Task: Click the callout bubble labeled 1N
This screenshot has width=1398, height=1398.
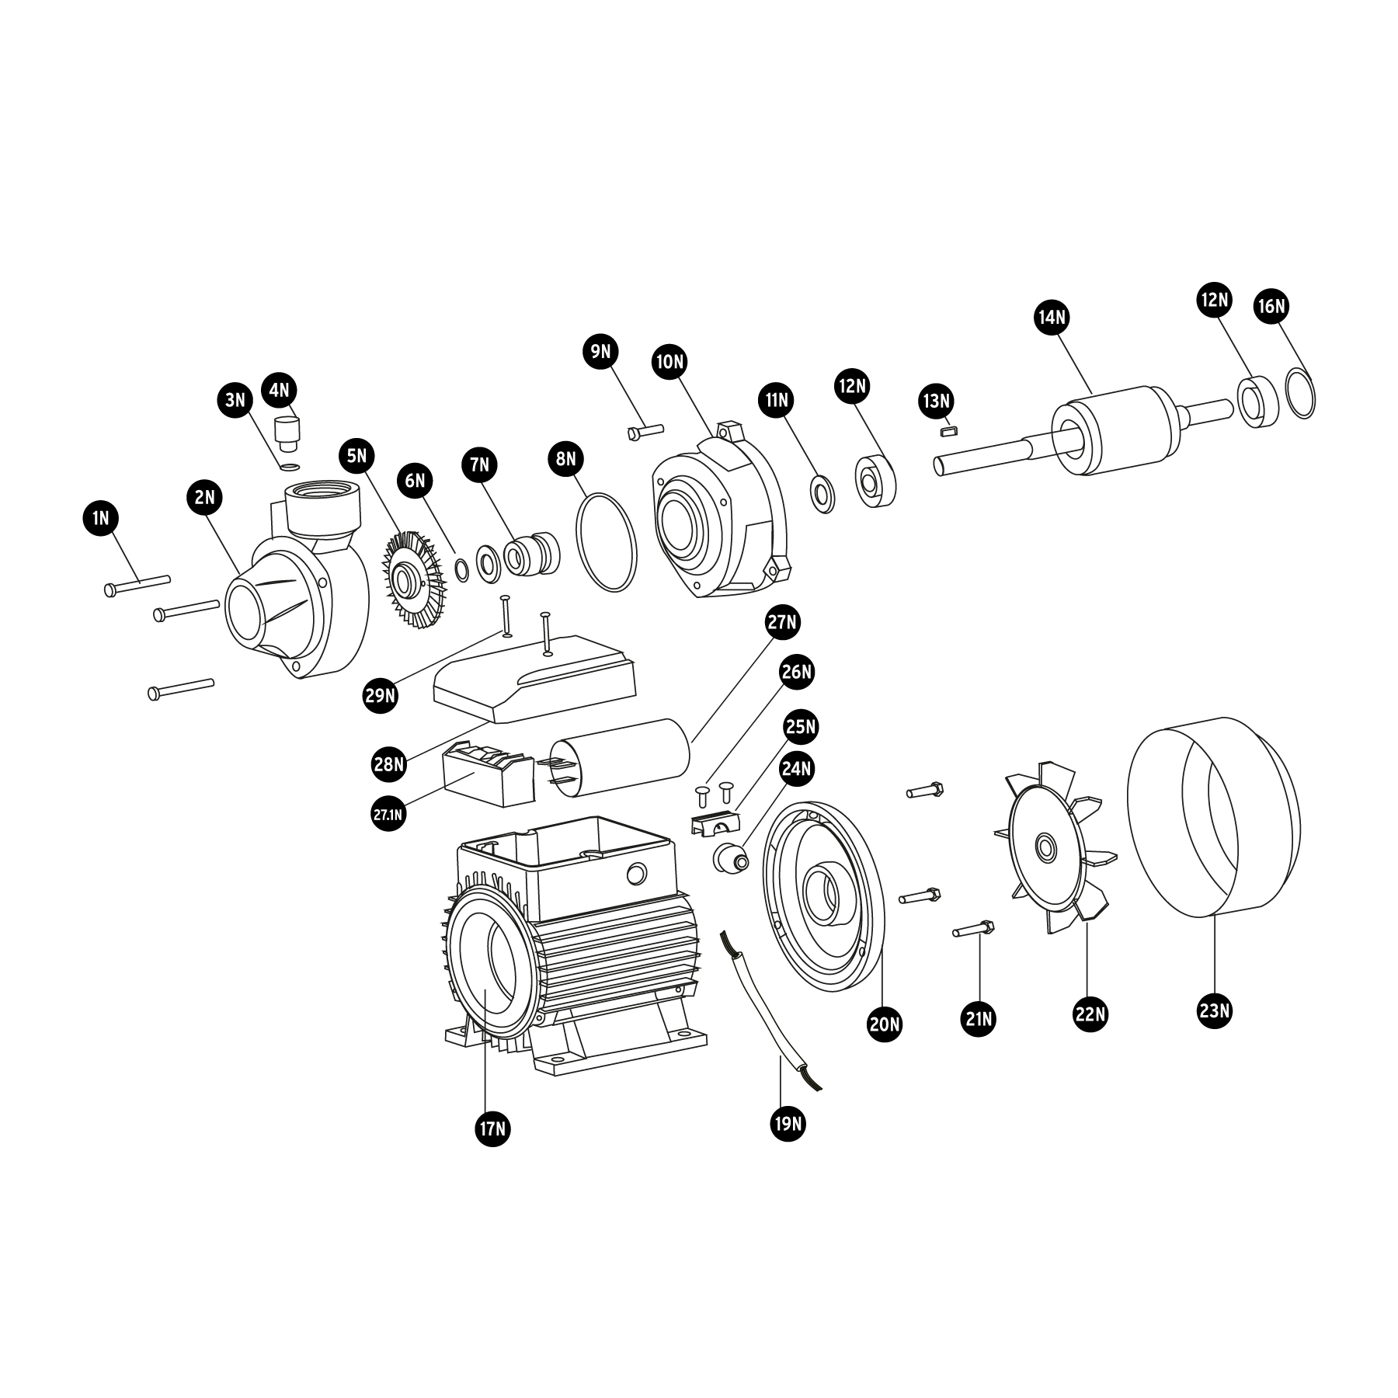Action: [x=100, y=518]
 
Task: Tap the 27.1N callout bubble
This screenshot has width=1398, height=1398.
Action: [x=388, y=814]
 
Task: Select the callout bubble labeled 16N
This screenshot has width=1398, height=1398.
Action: [x=1271, y=307]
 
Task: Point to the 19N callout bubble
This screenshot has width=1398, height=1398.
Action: [x=788, y=1123]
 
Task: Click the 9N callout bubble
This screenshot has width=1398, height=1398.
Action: [x=600, y=352]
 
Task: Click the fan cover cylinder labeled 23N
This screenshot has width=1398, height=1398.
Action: [x=1213, y=815]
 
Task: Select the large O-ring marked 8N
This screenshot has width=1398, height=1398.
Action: [x=607, y=541]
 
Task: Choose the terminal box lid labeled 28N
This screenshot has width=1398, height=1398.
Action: [x=536, y=679]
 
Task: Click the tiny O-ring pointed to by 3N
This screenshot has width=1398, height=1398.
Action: [x=290, y=467]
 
